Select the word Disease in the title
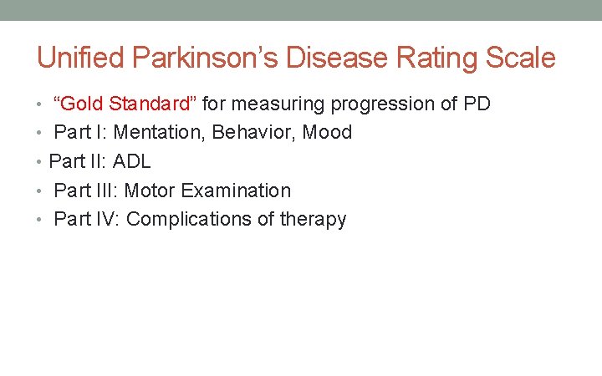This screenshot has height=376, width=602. point(334,58)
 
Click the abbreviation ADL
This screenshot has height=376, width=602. point(130,161)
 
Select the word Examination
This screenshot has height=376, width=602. point(236,191)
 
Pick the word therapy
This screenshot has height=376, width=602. point(314,220)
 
